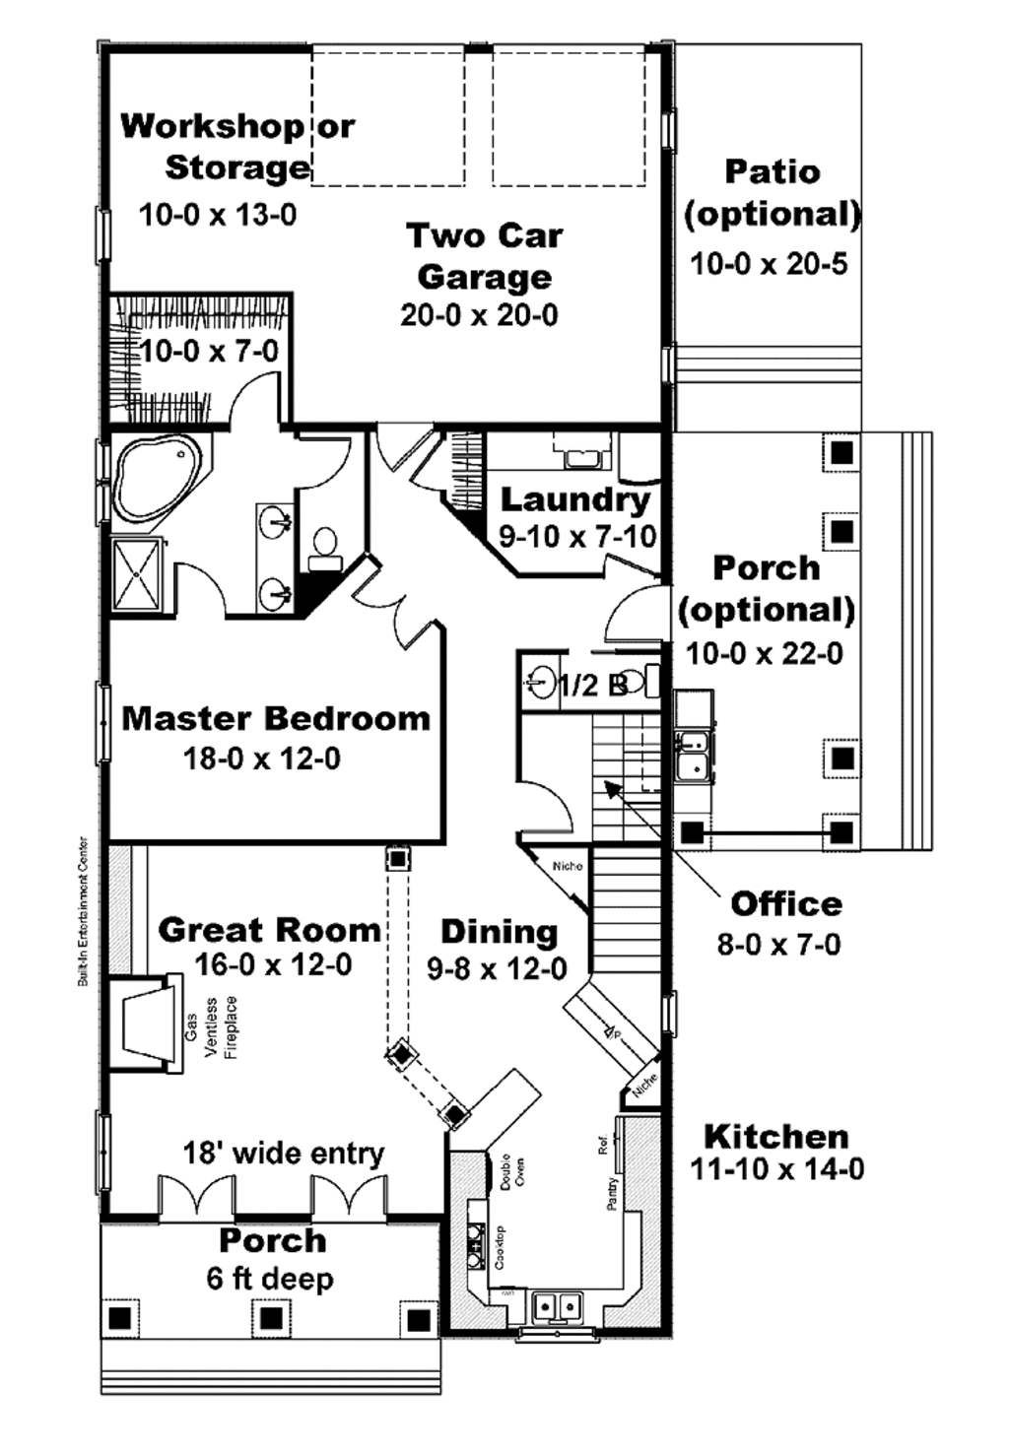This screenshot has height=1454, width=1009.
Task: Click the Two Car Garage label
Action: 484,256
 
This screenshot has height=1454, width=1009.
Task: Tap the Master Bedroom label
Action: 276,718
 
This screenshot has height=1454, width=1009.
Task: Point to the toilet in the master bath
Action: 324,549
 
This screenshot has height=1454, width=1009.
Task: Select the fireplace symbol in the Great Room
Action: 143,1023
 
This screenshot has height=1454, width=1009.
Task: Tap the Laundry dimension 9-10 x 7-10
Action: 576,537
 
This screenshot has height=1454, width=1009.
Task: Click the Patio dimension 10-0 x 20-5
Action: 769,264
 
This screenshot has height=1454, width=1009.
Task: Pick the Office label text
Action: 786,904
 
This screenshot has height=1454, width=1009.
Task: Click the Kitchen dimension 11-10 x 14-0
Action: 777,1169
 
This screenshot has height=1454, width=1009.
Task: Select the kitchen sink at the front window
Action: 558,1306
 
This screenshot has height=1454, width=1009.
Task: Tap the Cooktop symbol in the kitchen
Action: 476,1246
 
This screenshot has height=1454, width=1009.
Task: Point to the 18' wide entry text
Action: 284,1153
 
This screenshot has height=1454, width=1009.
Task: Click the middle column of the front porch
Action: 271,1317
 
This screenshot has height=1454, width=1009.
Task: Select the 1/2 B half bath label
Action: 592,685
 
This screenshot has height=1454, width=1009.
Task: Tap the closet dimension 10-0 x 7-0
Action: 209,351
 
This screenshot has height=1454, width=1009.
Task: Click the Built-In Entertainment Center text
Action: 84,912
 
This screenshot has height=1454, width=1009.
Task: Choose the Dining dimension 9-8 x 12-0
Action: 497,969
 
